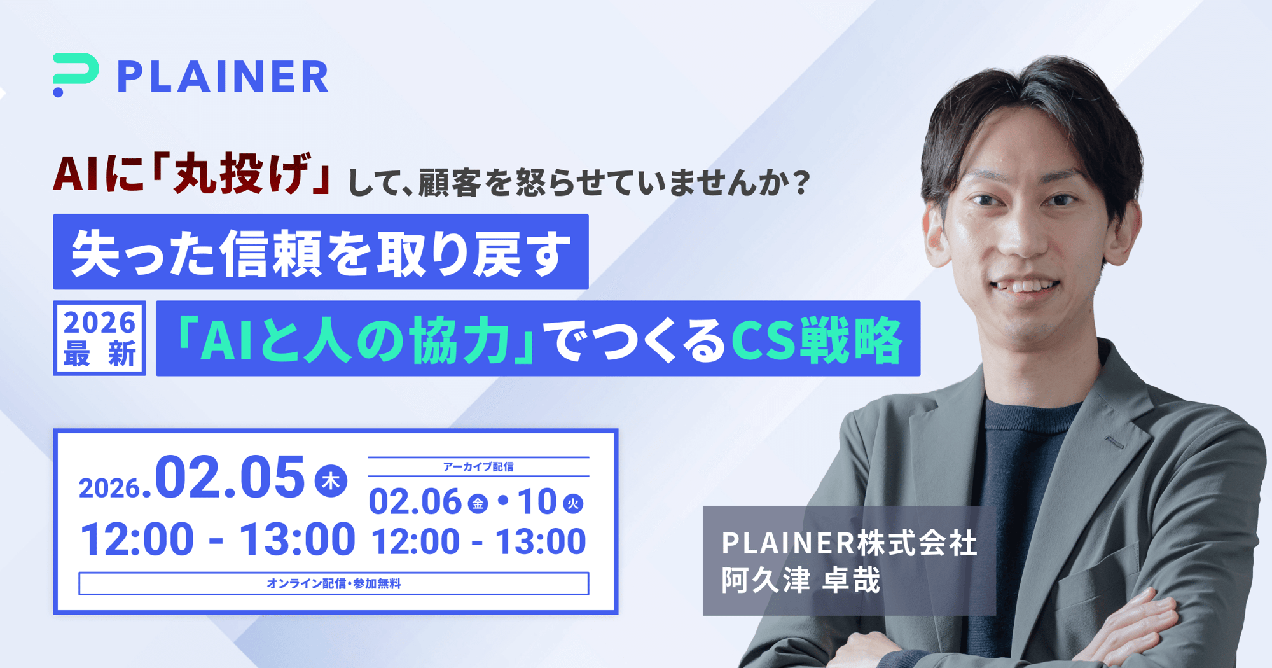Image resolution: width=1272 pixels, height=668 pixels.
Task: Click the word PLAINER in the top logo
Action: (x=223, y=77)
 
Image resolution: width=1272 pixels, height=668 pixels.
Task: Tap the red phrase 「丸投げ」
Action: (x=244, y=174)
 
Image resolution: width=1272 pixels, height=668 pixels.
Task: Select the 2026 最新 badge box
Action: (x=99, y=338)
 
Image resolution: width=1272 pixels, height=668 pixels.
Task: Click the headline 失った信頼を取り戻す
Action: (x=321, y=253)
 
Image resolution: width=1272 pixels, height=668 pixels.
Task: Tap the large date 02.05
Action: (x=230, y=477)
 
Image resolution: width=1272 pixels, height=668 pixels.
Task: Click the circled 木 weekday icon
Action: (x=331, y=481)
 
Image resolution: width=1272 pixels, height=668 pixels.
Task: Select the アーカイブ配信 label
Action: (x=478, y=467)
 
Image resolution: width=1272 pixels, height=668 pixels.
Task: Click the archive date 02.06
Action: (x=415, y=502)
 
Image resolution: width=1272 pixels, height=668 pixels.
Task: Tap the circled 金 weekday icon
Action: (x=478, y=504)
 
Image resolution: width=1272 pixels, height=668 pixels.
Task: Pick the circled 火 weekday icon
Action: (x=574, y=504)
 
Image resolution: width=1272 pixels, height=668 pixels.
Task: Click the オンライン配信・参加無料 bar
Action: (x=334, y=583)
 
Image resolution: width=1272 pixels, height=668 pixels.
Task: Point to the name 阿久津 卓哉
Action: (x=801, y=580)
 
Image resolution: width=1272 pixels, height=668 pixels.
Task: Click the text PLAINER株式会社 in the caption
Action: (x=849, y=543)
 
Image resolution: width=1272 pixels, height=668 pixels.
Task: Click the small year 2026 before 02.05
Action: (x=109, y=489)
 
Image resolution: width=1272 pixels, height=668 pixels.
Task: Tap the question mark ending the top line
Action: (x=802, y=183)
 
